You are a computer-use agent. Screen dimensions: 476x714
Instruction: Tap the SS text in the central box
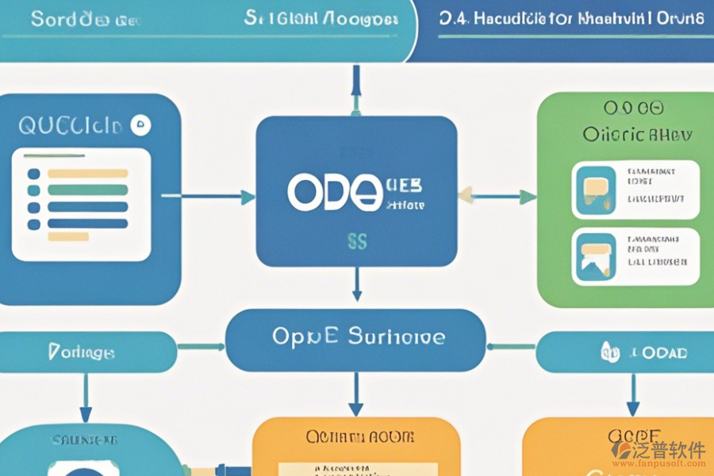point(357,242)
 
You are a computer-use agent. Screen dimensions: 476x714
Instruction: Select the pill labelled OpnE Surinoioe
point(356,337)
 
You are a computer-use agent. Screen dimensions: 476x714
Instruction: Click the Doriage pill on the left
point(82,351)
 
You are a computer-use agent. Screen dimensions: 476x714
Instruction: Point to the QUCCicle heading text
point(70,125)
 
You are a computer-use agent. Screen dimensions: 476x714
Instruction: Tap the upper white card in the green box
point(635,190)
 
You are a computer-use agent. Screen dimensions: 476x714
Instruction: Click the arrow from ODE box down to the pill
point(357,283)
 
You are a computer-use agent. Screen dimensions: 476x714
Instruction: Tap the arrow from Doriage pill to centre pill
point(202,347)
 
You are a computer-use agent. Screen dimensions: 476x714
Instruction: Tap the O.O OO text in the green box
point(632,108)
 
